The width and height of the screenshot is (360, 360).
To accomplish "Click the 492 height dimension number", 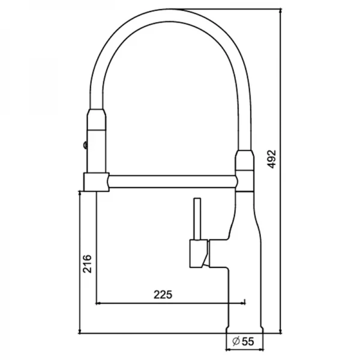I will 271,158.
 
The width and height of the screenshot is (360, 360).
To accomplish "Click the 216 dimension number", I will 87,264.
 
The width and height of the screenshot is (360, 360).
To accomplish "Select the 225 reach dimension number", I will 163,294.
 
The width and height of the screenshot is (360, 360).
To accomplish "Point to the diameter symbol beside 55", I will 236,341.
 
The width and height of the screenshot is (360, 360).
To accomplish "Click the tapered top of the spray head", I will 97,117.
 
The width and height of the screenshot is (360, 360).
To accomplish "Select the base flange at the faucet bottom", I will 243,330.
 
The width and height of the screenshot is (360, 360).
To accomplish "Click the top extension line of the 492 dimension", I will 228,8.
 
